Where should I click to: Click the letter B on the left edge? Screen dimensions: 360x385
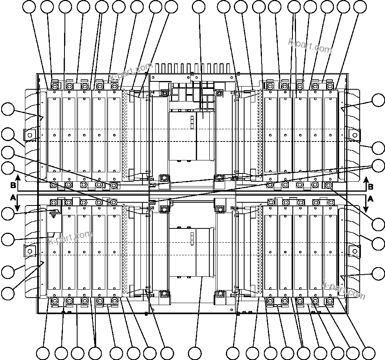[x=13, y=185]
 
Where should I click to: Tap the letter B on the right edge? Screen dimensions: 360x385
[x=371, y=186]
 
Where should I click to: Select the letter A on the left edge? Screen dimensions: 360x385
[x=13, y=196]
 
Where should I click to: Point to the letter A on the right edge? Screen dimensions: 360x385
[x=371, y=198]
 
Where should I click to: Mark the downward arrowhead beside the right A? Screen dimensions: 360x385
[x=366, y=207]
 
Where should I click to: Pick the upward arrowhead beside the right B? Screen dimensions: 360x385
[x=366, y=179]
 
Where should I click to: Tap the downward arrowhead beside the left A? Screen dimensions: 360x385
[x=18, y=207]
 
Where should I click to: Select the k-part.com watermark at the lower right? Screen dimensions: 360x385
[x=343, y=290]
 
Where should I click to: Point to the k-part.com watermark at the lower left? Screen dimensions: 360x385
[x=70, y=237]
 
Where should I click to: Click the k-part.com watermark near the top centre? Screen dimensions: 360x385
[x=131, y=72]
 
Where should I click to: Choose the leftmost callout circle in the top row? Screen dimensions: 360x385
[x=29, y=6]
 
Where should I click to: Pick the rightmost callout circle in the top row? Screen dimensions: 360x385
[x=360, y=6]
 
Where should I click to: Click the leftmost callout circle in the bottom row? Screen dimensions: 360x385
[x=43, y=353]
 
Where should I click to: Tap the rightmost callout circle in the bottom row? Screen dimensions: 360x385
[x=368, y=353]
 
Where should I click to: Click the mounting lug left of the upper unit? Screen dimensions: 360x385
[x=29, y=135]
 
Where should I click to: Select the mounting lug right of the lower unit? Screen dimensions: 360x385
[x=354, y=251]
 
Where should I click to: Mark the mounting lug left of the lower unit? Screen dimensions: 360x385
[x=29, y=251]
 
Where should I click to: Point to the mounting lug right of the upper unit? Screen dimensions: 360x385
[x=354, y=135]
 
